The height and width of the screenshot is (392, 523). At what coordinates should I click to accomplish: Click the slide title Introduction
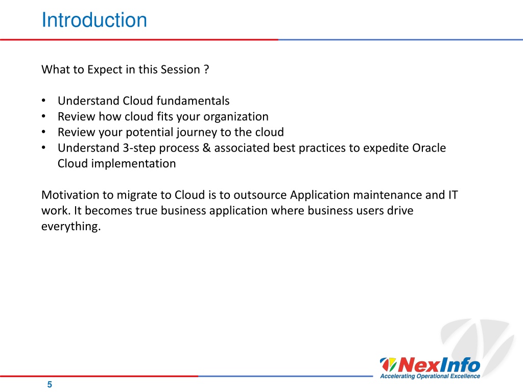(x=94, y=20)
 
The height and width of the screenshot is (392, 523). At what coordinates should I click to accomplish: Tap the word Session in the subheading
(x=180, y=69)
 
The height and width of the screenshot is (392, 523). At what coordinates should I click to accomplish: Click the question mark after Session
(x=206, y=69)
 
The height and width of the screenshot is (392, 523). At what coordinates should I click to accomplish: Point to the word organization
(x=236, y=117)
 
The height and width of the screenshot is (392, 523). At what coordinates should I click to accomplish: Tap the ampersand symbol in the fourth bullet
(x=206, y=148)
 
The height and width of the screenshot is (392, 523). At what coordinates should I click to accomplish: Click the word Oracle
(x=429, y=148)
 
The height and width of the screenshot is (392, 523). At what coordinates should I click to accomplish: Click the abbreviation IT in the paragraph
(x=453, y=194)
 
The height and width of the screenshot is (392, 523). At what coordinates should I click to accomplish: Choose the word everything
(x=70, y=226)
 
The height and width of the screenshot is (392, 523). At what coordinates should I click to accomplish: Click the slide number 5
(x=50, y=384)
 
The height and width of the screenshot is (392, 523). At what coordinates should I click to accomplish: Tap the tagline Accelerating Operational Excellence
(x=430, y=376)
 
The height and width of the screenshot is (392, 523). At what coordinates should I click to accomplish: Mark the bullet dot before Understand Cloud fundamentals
(x=43, y=101)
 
